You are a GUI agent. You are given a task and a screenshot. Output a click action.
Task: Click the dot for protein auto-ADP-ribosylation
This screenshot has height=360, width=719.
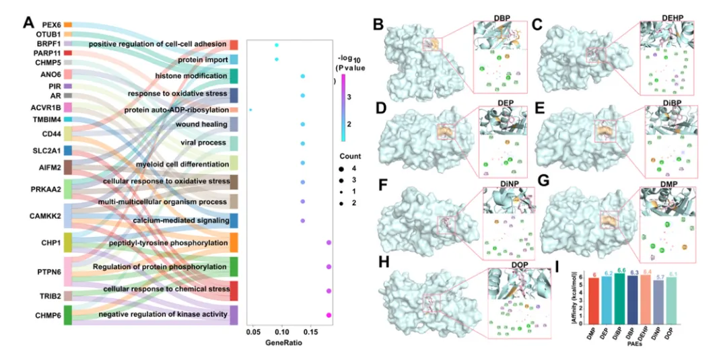pyautogui.click(x=250, y=110)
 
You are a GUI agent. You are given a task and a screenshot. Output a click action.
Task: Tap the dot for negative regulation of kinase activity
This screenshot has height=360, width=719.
pyautogui.click(x=329, y=315)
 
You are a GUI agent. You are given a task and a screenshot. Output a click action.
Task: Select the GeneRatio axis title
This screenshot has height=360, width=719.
pyautogui.click(x=283, y=342)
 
